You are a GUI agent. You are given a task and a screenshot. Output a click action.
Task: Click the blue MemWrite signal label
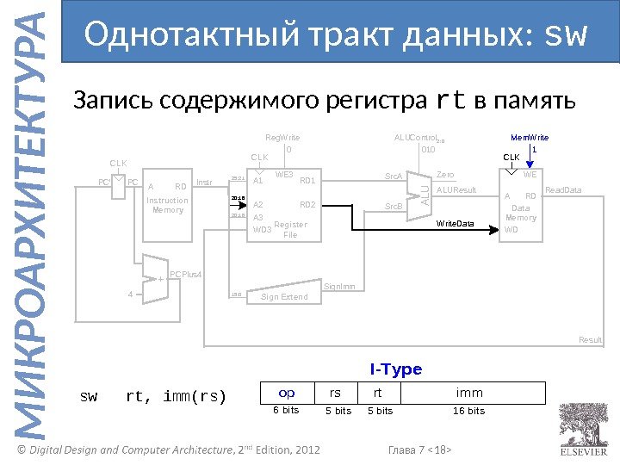pos(530,137)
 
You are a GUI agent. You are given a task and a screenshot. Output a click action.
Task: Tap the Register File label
pos(290,229)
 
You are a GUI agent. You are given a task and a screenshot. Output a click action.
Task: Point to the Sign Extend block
pos(284,297)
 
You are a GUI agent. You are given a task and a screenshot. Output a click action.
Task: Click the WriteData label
pos(455,223)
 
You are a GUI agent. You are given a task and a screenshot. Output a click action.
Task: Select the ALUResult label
pos(456,189)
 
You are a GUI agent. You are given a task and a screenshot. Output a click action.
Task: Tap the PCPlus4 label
pos(185,274)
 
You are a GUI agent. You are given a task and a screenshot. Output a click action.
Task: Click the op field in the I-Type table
pos(287,393)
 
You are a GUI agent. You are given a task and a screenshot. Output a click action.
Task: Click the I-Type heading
pos(396,369)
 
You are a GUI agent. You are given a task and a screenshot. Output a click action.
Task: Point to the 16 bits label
pos(469,411)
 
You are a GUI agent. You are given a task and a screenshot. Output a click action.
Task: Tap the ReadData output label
pos(564,189)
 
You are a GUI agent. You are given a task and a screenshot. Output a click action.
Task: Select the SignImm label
pos(339,285)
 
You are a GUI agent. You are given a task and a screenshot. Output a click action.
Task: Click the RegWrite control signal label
pos(282,137)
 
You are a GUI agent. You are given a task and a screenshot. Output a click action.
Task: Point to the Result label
pos(590,340)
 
